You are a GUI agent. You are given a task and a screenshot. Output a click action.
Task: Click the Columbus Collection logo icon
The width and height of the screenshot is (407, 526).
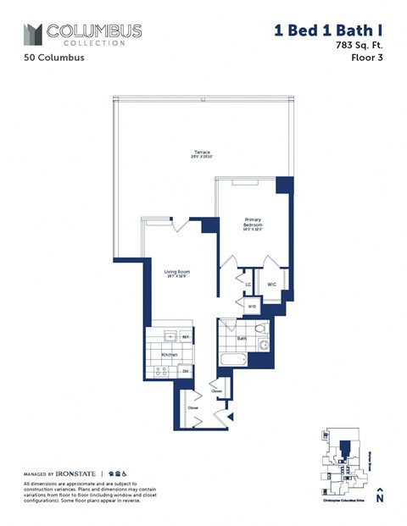(x=32, y=35)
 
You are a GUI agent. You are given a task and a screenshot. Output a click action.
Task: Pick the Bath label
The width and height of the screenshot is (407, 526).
(x=242, y=339)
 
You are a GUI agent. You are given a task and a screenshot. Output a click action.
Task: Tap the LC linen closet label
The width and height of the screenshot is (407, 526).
(x=248, y=285)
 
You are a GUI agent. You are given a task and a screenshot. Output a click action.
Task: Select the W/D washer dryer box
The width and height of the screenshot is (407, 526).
(x=252, y=306)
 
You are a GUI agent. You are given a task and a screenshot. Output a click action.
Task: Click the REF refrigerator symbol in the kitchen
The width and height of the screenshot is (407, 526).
(x=186, y=337)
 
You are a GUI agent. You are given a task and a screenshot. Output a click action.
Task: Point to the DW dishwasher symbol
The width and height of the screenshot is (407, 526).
(x=185, y=370)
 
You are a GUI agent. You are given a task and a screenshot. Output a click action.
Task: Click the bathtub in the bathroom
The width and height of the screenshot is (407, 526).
(x=232, y=359)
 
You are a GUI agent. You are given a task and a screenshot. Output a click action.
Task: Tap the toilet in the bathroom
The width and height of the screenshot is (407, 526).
(x=259, y=329)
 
